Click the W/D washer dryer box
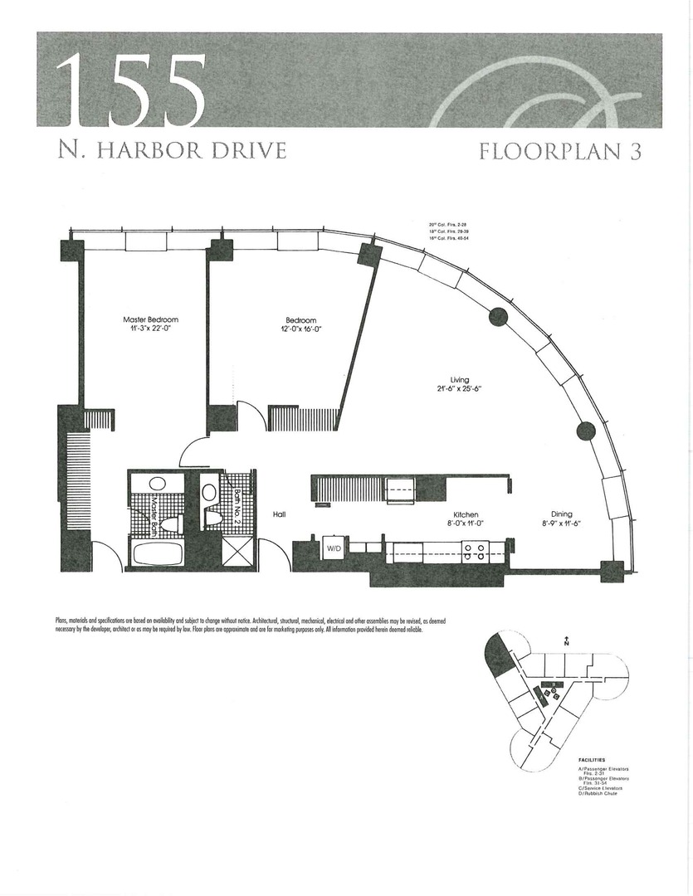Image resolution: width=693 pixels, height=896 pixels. coord(334,548)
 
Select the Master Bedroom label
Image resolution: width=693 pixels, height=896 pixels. coord(150,319)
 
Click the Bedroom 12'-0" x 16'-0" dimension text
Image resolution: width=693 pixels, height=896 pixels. coord(303,329)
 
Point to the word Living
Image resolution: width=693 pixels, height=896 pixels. coord(460,380)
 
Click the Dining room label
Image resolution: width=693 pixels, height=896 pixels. coord(560,514)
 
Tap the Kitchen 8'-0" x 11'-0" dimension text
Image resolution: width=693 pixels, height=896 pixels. coord(465,524)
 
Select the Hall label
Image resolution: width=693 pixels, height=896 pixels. coord(279,515)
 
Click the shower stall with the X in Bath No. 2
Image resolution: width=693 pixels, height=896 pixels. coord(239,553)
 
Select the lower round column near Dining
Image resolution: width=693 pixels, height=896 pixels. coord(585,430)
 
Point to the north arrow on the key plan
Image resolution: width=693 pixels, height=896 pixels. coord(565,640)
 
